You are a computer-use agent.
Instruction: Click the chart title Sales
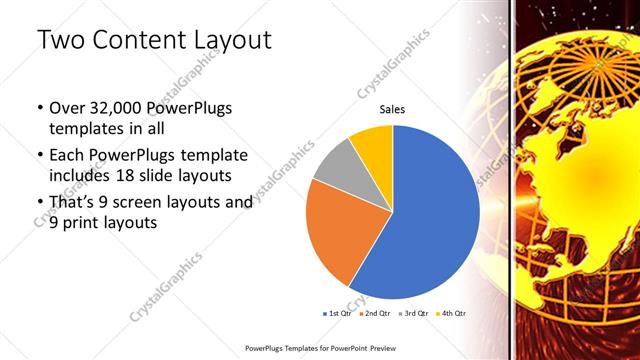click(392, 110)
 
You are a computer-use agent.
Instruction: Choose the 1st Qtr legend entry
click(337, 313)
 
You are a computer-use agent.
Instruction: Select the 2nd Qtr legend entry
click(375, 313)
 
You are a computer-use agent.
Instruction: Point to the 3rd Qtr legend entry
click(412, 313)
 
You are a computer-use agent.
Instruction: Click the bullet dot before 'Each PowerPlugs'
click(38, 156)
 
